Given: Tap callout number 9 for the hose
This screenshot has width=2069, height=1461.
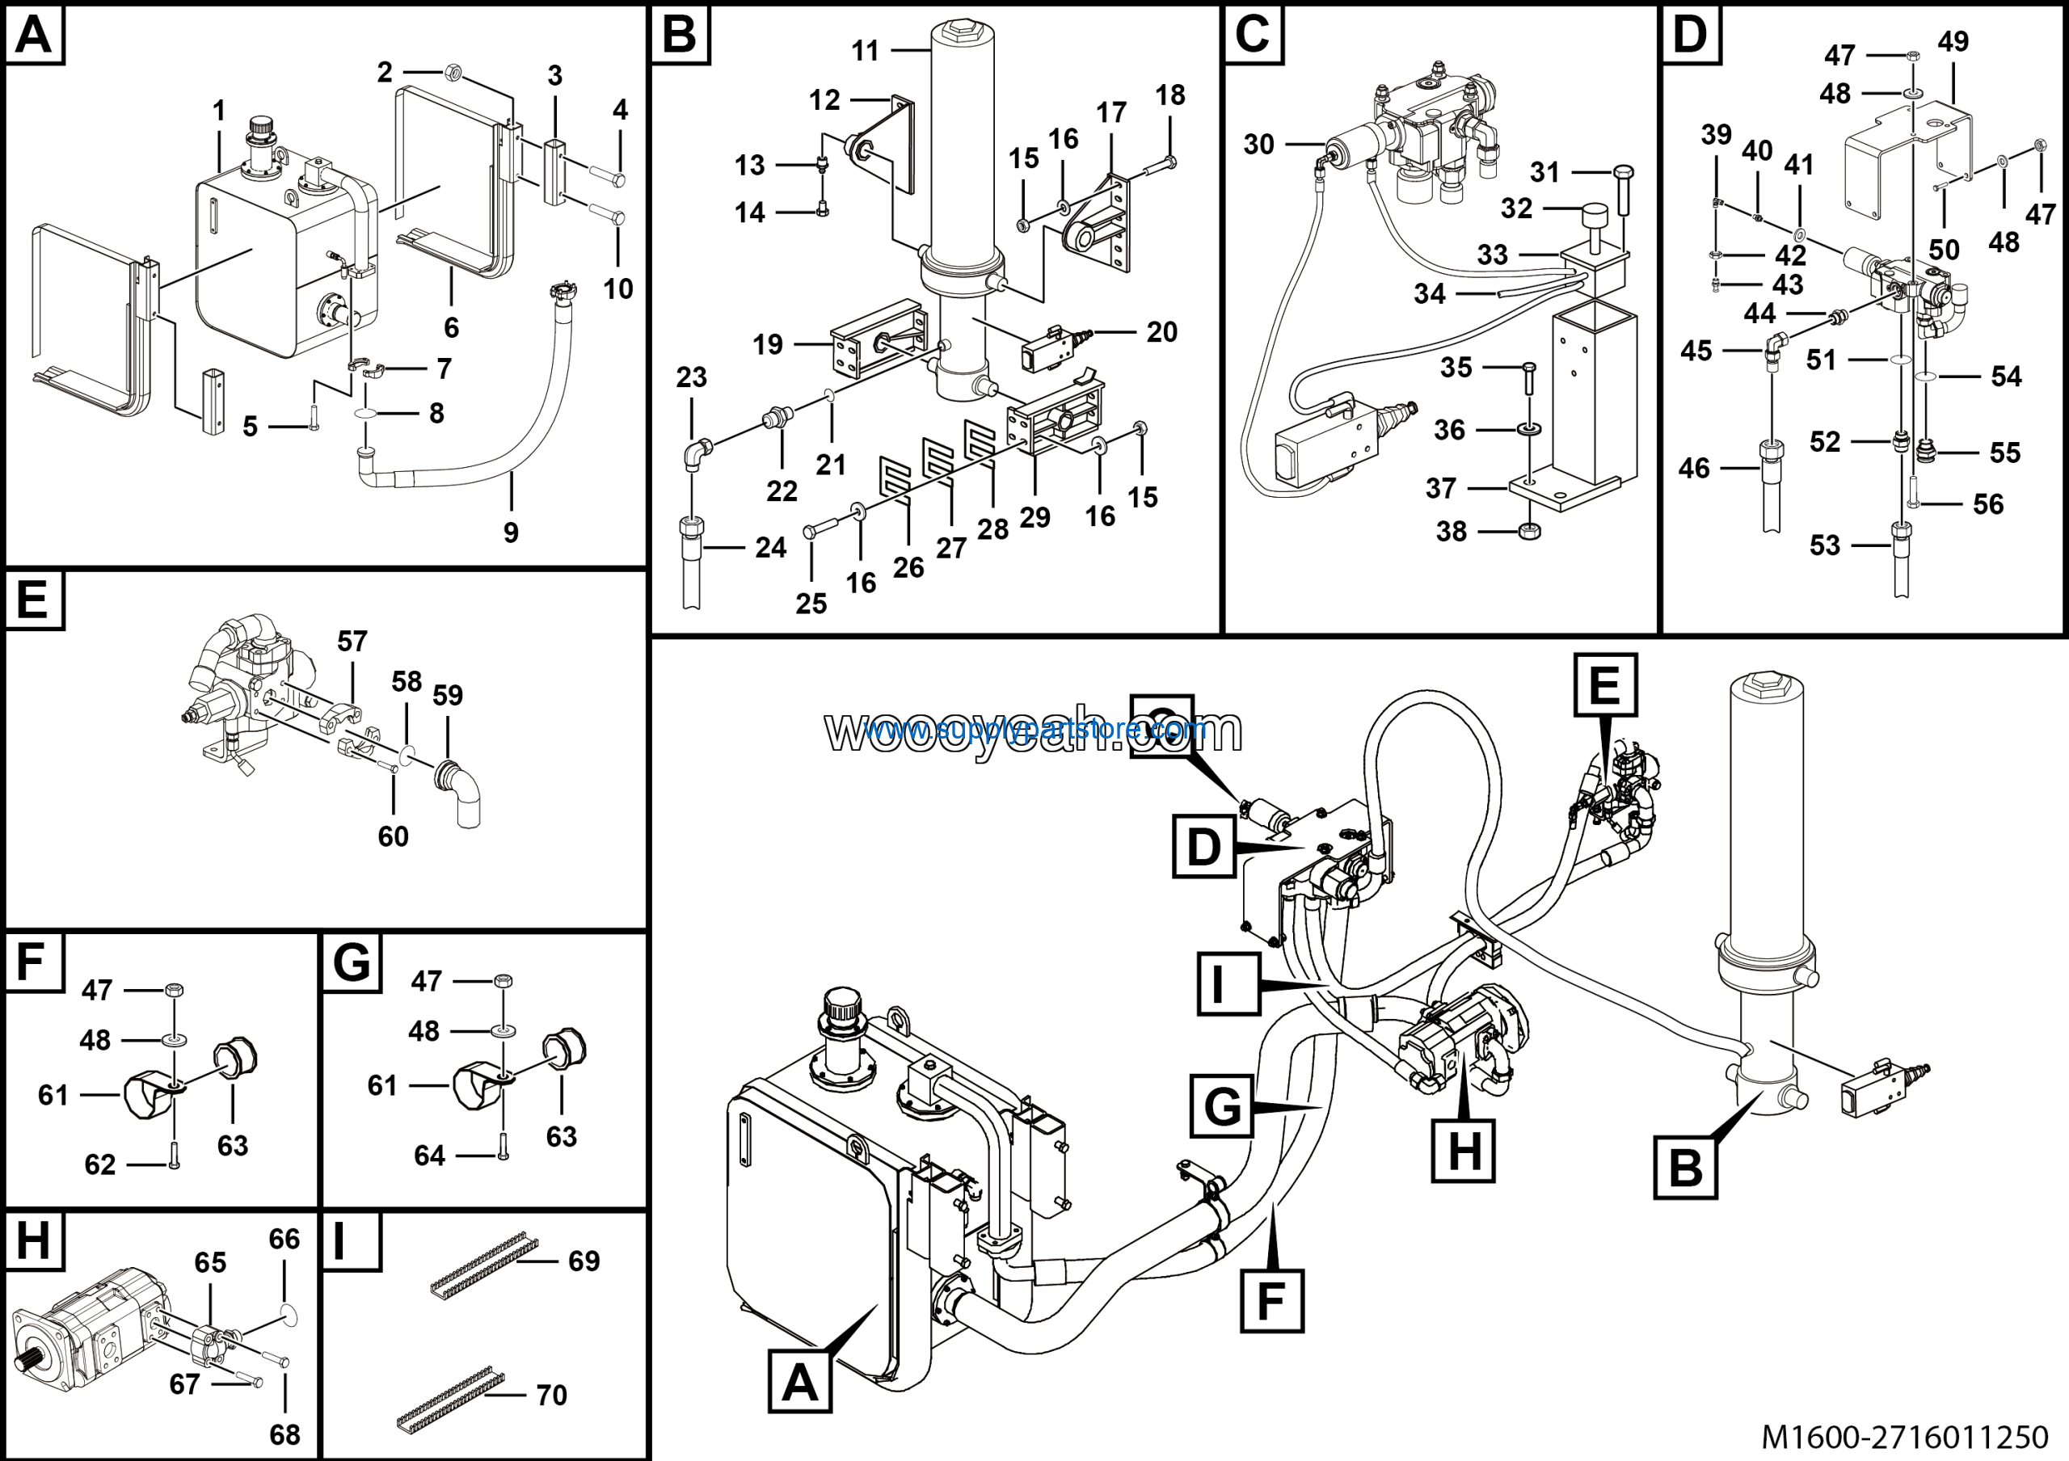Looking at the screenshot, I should tap(511, 533).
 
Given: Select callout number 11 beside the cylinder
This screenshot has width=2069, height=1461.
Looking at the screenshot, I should tap(865, 52).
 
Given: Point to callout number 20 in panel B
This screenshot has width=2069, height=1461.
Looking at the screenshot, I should tap(1161, 332).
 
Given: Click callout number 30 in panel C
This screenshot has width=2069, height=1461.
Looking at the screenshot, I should tap(1258, 144).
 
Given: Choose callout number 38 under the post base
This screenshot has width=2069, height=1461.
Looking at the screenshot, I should tap(1451, 532).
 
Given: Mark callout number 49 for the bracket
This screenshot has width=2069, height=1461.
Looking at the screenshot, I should tap(1953, 41).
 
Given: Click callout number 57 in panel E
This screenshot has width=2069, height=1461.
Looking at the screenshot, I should tap(352, 642).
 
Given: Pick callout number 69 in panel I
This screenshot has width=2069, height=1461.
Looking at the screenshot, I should tap(584, 1261).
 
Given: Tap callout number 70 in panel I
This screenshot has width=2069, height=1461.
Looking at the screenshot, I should tap(551, 1396).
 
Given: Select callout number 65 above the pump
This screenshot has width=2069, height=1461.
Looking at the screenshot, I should tap(210, 1263).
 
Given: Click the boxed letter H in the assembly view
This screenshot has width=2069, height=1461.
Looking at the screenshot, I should tap(1464, 1150).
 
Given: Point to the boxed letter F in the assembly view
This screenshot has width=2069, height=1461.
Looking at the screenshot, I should tap(1271, 1301).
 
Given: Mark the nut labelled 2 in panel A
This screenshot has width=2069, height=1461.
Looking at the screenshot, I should tap(455, 70).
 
